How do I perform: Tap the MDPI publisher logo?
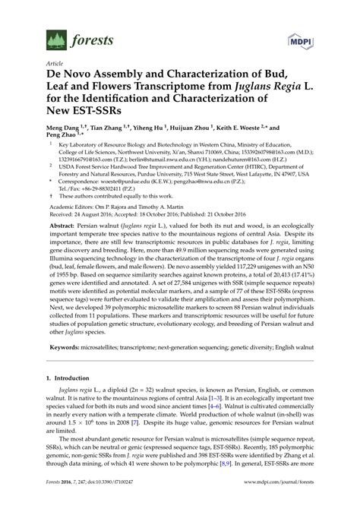(x=300, y=39)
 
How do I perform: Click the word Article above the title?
(x=55, y=63)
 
